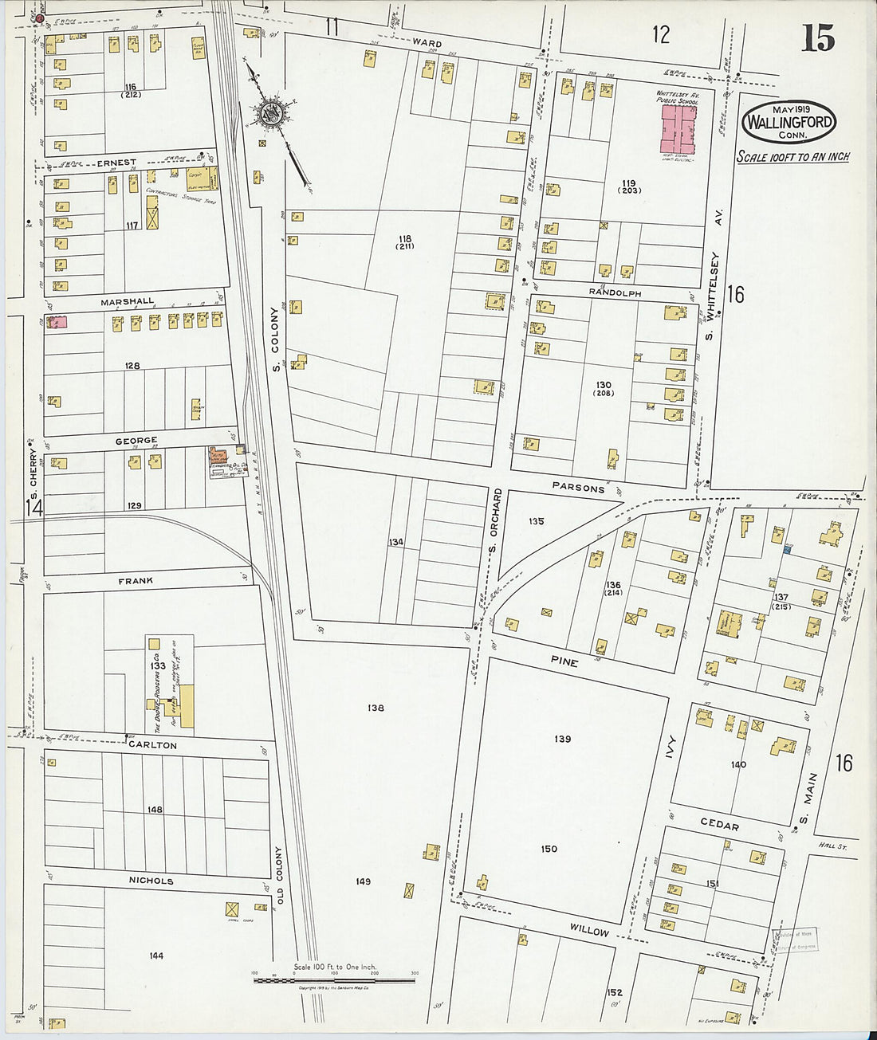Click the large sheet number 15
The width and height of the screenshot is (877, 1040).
click(818, 37)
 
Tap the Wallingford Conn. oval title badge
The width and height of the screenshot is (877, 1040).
click(789, 122)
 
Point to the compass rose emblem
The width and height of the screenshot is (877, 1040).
click(271, 113)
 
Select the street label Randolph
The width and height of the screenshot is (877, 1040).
click(615, 292)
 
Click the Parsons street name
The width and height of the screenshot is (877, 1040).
click(578, 487)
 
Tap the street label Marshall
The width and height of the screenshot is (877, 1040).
click(128, 302)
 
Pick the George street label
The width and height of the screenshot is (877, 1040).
click(136, 440)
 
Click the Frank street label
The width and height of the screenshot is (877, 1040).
click(136, 581)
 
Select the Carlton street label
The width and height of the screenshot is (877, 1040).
click(152, 744)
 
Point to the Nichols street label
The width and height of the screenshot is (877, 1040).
click(151, 881)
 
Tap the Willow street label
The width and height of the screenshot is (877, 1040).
click(589, 930)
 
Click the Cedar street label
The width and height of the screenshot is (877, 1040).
click(719, 824)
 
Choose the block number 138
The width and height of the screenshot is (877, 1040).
click(376, 708)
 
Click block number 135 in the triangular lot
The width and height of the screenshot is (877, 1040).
click(536, 521)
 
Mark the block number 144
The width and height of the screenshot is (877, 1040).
click(156, 955)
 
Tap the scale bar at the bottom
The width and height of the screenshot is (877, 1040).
click(334, 979)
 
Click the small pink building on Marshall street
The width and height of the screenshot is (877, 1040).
click(57, 323)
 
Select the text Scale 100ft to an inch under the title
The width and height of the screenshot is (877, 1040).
click(792, 157)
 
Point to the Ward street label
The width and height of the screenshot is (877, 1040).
click(427, 42)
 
